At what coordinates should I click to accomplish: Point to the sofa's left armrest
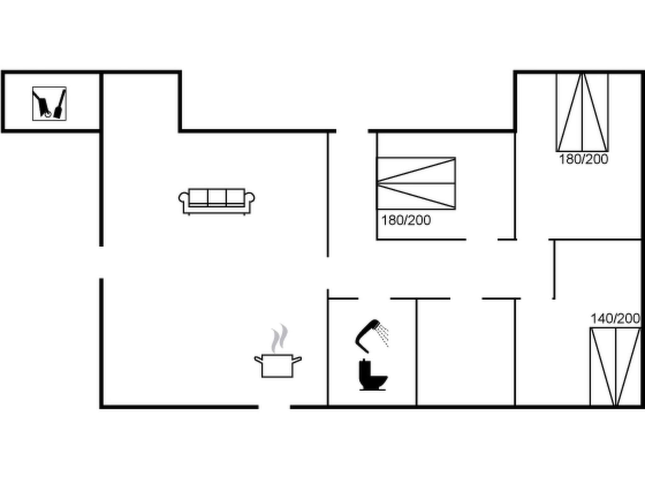tap(183, 199)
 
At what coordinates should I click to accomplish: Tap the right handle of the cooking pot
tap(297, 359)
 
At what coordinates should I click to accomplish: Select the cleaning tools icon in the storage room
tap(49, 104)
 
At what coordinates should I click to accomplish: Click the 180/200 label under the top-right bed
tap(583, 159)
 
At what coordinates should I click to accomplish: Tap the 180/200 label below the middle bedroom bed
tap(406, 220)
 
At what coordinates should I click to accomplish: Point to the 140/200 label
tap(615, 319)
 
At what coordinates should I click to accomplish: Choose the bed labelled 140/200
tap(615, 367)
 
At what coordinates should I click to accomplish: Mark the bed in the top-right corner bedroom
tap(582, 112)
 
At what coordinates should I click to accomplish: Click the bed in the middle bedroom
tap(416, 183)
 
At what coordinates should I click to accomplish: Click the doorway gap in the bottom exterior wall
tap(274, 407)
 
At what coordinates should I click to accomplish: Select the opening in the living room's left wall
tap(101, 262)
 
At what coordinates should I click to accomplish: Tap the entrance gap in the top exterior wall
tap(352, 131)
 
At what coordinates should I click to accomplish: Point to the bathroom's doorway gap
tap(374, 298)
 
